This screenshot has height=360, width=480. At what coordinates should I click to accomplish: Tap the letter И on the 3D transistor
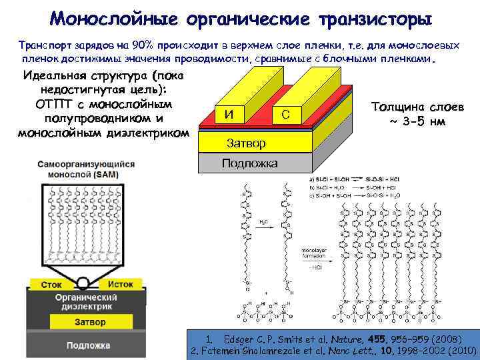point(229,114)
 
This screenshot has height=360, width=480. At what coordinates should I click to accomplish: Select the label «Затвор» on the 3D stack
point(246,143)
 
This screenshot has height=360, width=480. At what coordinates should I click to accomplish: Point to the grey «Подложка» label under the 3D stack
point(250,163)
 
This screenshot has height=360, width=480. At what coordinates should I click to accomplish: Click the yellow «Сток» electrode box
point(51,284)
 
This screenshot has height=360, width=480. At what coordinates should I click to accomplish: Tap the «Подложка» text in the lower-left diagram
point(88,345)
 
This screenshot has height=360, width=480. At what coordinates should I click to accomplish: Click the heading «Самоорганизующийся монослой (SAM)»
point(86,168)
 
